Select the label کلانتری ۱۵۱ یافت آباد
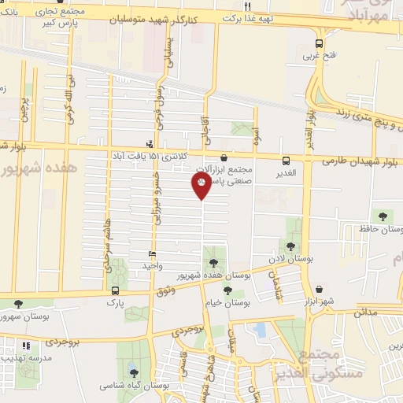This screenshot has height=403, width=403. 150,156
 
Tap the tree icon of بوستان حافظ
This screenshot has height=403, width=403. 383,216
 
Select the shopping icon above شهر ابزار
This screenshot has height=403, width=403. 319,289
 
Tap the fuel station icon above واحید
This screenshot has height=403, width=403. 152,254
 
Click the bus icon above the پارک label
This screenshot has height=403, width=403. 116,290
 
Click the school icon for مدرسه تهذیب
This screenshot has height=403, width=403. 26,345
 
